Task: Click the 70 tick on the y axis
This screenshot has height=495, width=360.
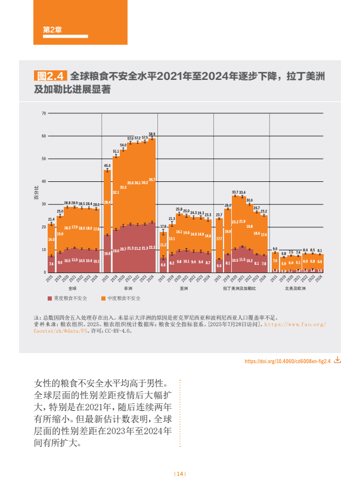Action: [x=44, y=113]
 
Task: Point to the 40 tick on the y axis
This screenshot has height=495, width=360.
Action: [x=44, y=181]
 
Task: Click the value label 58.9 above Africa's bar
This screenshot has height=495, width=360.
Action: [x=152, y=134]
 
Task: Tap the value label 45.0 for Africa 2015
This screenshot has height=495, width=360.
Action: [x=107, y=165]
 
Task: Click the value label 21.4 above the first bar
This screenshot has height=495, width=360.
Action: [x=51, y=219]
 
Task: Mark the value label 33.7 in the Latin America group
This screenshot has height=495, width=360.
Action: [x=235, y=192]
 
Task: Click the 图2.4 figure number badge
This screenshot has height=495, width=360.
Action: [x=50, y=77]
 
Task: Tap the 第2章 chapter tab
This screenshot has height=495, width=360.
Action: [x=53, y=30]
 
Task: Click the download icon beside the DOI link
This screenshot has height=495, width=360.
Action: [x=337, y=361]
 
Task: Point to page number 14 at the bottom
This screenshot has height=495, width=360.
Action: [x=180, y=474]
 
